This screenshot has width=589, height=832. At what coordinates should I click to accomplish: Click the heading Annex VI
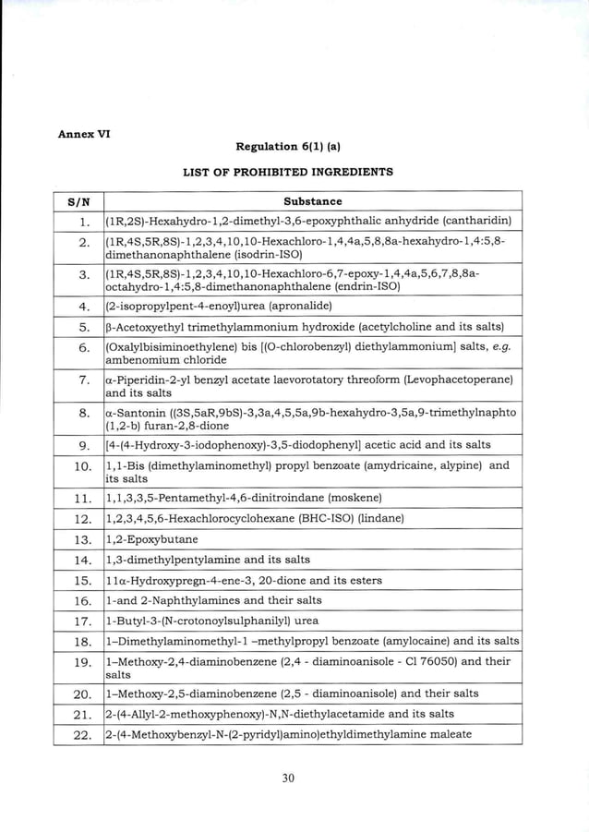tap(84, 133)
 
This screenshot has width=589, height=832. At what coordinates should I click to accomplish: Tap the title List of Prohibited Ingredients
tap(288, 172)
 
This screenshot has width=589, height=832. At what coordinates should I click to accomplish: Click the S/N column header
tap(78, 201)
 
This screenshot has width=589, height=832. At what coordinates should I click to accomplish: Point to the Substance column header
tap(312, 201)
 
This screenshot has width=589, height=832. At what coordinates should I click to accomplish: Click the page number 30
tap(288, 778)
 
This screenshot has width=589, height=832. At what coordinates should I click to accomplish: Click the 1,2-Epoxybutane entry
tap(151, 539)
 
